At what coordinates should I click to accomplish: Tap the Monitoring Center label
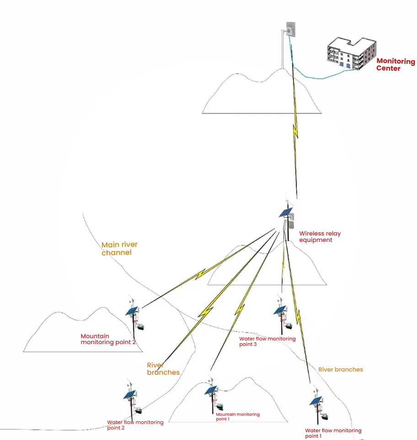tap(396, 65)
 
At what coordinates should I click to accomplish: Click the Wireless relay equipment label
tap(320, 236)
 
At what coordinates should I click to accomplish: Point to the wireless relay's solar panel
tap(285, 213)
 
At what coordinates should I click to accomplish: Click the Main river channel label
tap(119, 248)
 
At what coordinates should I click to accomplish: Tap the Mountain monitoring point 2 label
tap(108, 339)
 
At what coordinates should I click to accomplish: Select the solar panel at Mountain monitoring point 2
tap(132, 311)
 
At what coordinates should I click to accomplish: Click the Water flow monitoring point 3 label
tap(267, 341)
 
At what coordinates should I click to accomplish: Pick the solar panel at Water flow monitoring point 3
tap(280, 310)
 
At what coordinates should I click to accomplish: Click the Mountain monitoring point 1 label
tap(237, 416)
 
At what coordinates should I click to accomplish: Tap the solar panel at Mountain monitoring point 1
tap(211, 390)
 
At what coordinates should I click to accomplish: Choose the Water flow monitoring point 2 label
tap(135, 425)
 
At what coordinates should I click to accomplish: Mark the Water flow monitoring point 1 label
tap(333, 433)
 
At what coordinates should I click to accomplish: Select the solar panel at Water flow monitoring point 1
tap(315, 401)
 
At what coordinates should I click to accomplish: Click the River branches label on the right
tap(340, 369)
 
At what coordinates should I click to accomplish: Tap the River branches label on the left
tap(163, 369)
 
